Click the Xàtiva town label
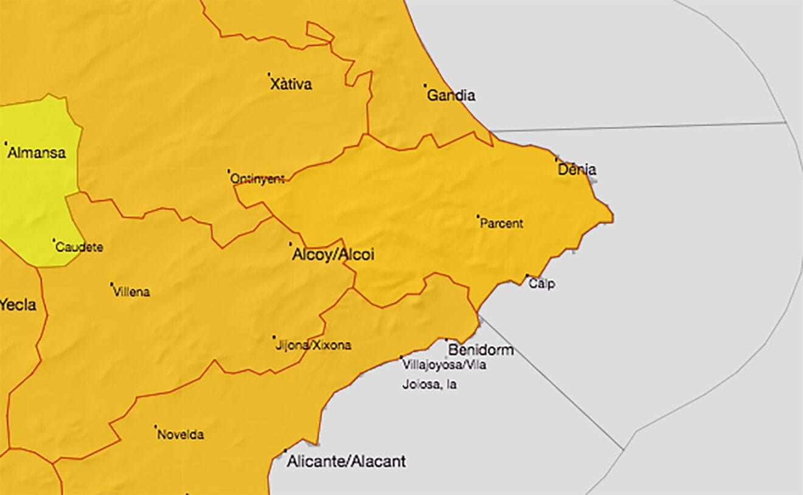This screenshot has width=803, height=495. point(291,84)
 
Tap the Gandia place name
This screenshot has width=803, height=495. point(451,95)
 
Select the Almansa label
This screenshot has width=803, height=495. point(36,153)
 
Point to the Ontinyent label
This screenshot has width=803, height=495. point(257,179)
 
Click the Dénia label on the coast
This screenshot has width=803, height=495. point(577,170)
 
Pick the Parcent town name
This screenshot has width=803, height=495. point(501,224)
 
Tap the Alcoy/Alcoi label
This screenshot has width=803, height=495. point(333,255)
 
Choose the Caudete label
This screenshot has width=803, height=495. point(79,247)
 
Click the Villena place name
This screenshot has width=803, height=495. point(131,292)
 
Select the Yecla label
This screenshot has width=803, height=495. point(18,305)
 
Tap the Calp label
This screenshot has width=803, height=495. point(541,283)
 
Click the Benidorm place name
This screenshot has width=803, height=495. point(481,350)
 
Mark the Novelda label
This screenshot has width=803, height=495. point(181,435)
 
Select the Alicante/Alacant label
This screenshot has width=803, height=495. point(346,462)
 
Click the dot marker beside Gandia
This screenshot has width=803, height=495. point(425,85)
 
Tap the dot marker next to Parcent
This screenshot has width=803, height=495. point(478,216)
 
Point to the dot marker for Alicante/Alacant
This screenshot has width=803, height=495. point(285,451)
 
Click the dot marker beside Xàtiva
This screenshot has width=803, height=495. point(269,75)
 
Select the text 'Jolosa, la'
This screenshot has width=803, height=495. point(429,384)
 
